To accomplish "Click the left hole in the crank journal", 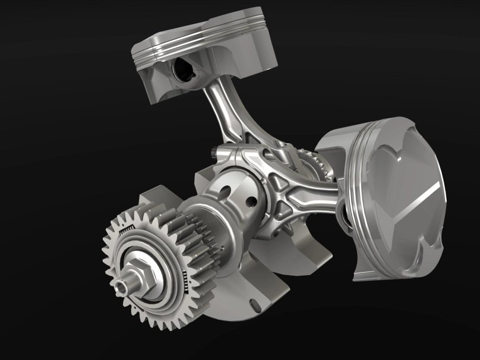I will (x=224, y=192).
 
